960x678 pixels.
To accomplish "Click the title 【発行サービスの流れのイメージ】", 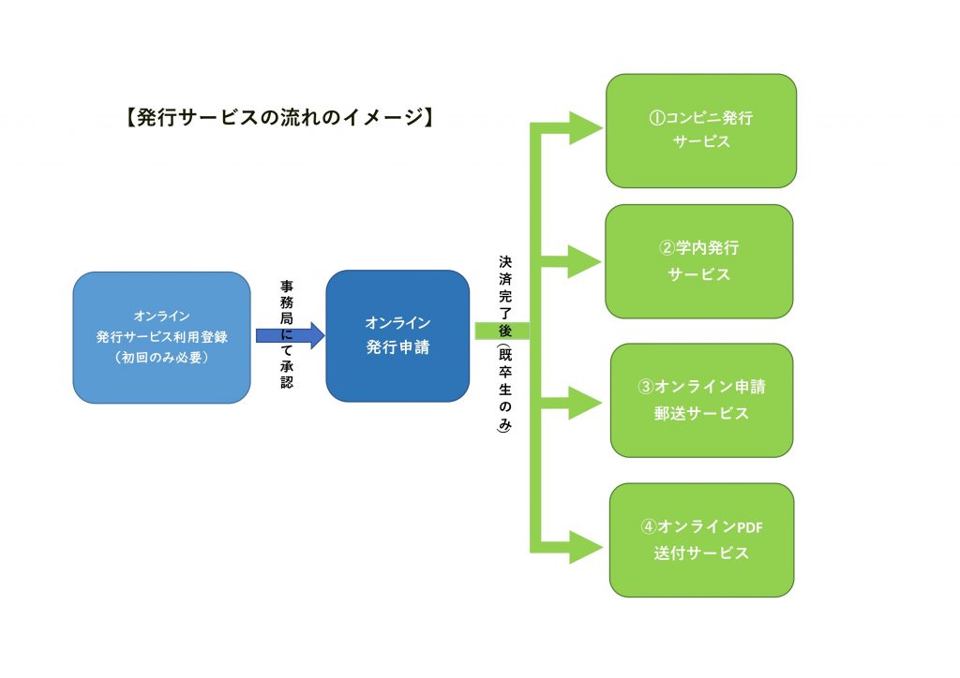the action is tap(280, 117).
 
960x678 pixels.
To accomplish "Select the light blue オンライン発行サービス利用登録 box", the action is tap(161, 337).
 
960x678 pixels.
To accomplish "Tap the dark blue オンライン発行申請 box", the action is tap(397, 335).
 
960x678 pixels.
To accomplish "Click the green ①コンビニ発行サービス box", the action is tap(701, 131).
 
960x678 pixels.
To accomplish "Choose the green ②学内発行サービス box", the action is tap(699, 261).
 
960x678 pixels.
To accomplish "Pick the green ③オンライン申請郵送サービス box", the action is tap(701, 401).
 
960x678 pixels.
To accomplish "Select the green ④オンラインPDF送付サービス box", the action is tap(701, 539).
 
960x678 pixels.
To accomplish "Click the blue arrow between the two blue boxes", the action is tap(291, 335).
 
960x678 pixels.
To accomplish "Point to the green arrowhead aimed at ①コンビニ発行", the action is tap(586, 128).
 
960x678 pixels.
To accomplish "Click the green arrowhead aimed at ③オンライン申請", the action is tap(585, 403).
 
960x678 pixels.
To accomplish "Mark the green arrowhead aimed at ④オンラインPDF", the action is tap(586, 547).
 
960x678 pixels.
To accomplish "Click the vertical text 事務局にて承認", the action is tap(287, 333).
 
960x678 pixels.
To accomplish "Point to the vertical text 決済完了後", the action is tap(505, 296).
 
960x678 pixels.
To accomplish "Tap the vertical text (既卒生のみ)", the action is tap(504, 389).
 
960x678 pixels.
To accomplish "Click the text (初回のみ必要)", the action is tap(161, 357).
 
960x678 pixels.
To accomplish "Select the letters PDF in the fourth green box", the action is tap(749, 527).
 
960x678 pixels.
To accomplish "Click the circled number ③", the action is tap(646, 387).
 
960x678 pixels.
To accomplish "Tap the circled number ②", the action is tap(667, 247).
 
